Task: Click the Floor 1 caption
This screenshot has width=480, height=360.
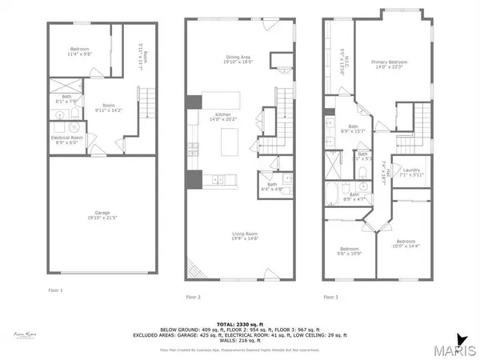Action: pyautogui.click(x=55, y=290)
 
